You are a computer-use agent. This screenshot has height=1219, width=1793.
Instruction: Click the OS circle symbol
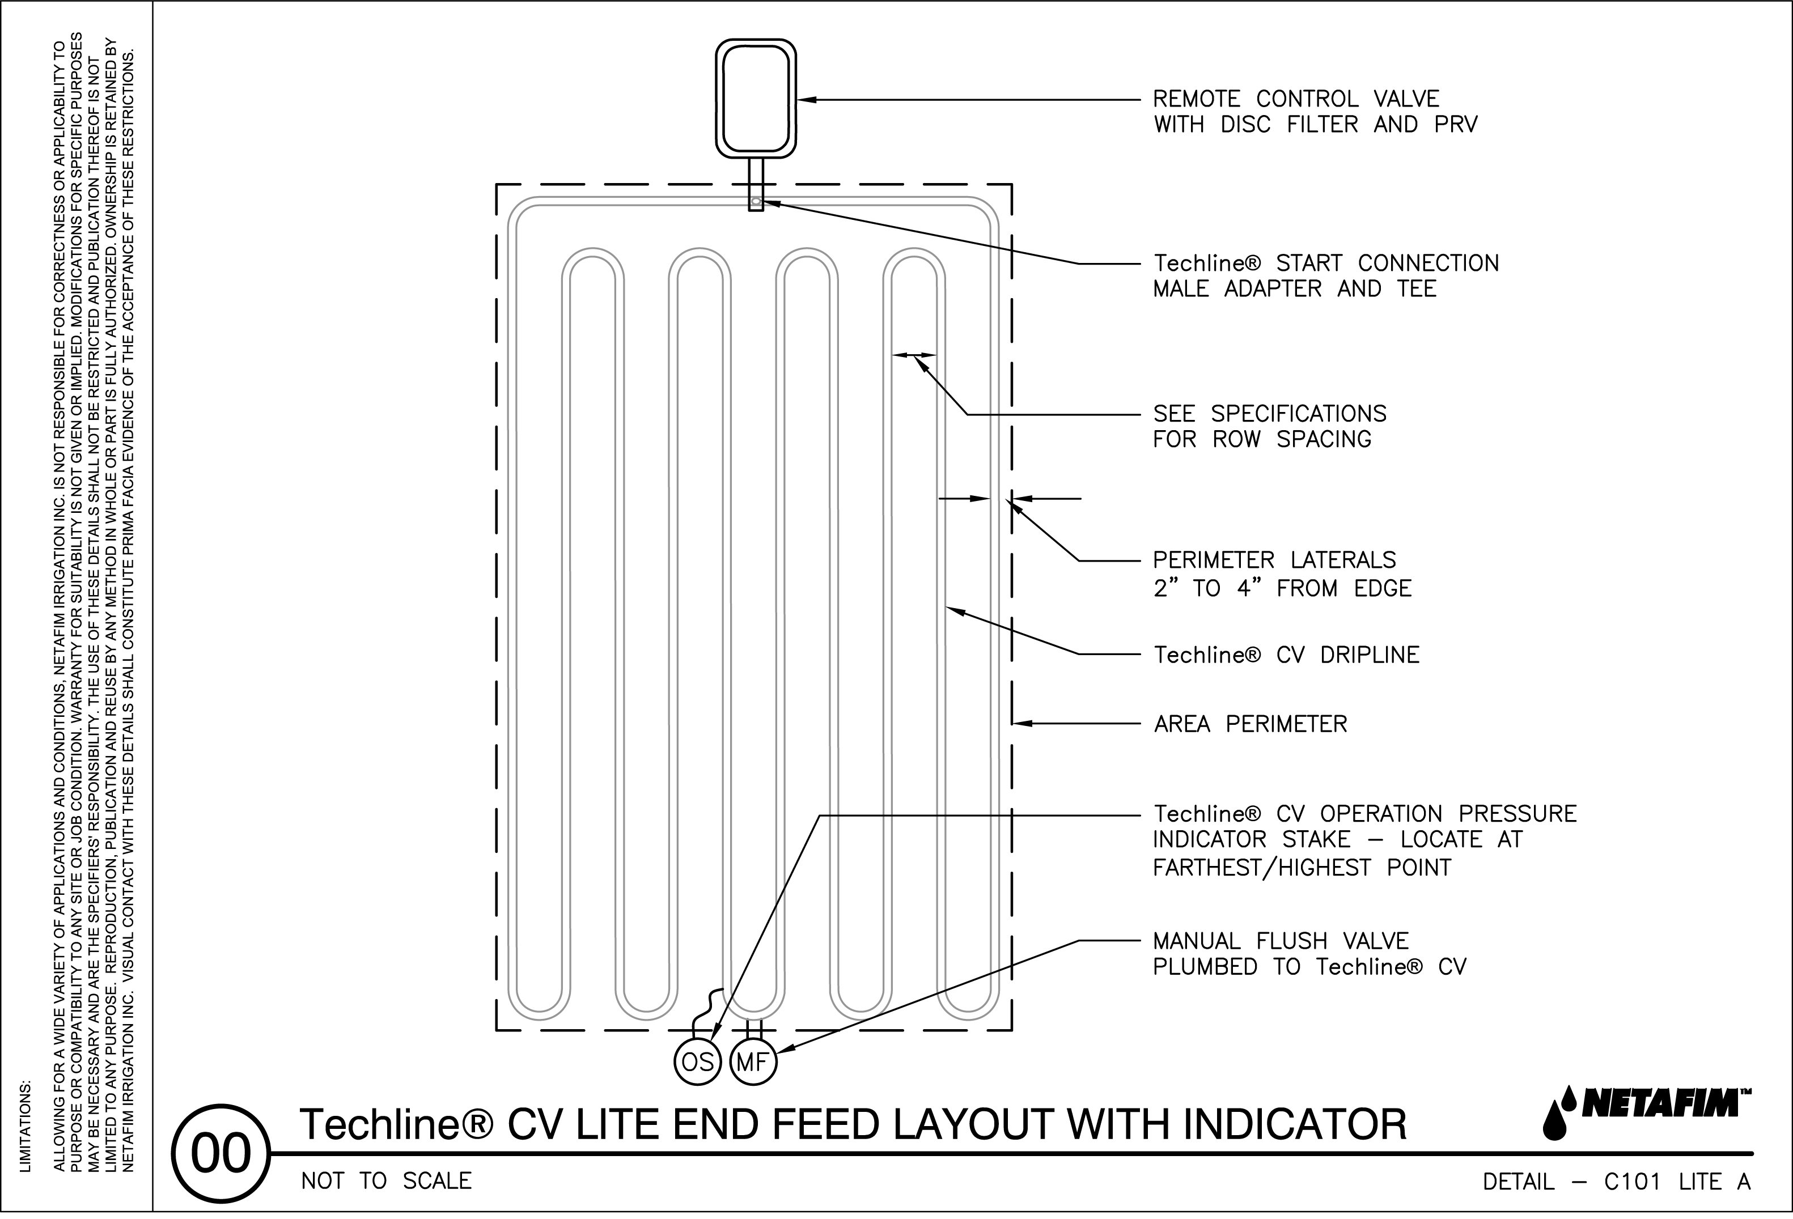(x=697, y=1063)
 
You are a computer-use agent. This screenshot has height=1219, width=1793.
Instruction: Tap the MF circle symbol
(x=752, y=1063)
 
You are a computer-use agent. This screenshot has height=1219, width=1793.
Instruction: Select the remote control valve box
(x=755, y=99)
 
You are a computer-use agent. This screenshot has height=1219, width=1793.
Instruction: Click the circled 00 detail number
(x=221, y=1154)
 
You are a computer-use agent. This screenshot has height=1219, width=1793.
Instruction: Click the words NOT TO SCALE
(x=386, y=1181)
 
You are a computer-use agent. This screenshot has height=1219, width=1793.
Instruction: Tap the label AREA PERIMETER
(x=1250, y=724)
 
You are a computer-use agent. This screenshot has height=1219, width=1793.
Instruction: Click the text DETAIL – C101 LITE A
(x=1616, y=1182)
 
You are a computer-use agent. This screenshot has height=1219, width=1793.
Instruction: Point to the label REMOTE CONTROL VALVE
(x=1295, y=99)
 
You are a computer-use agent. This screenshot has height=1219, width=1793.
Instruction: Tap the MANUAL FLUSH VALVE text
(x=1280, y=941)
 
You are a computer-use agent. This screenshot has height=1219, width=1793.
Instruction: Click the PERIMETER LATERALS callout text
(x=1274, y=559)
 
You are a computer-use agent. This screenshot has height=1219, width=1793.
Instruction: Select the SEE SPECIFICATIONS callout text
(x=1269, y=414)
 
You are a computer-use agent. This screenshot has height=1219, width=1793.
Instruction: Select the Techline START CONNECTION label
(x=1325, y=263)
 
